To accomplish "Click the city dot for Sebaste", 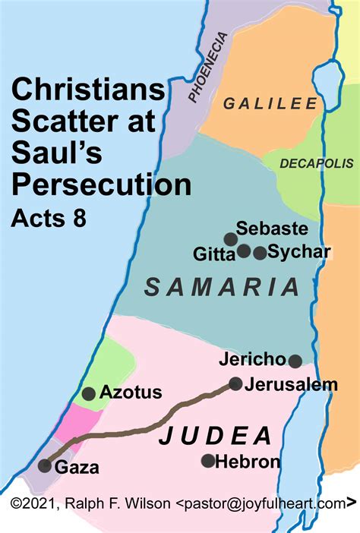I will tap(229, 238).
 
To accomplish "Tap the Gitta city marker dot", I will tap(244, 251).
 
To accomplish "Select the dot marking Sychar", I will tap(261, 253).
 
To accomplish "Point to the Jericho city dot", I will tap(295, 361).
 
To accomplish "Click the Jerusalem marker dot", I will tap(236, 384).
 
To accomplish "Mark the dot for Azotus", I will tap(89, 393).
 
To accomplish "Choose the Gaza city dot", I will tap(45, 466).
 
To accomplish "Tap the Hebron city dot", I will tap(207, 461).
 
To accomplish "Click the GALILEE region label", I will tap(269, 104).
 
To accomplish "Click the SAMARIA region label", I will tap(222, 287).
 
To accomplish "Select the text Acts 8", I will tap(49, 218).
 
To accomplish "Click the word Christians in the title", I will tap(87, 93).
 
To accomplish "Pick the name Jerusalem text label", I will tap(291, 385).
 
